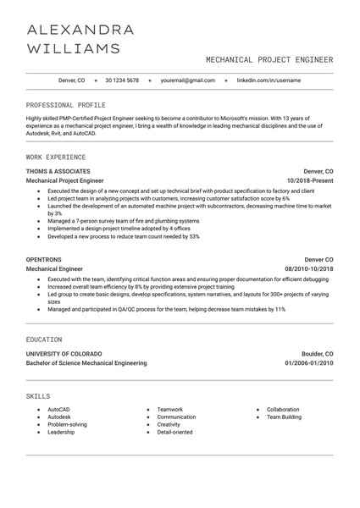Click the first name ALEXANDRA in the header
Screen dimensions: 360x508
pyautogui.click(x=80, y=30)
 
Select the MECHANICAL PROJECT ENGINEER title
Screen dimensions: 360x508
pyautogui.click(x=269, y=60)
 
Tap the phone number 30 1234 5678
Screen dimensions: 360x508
pyautogui.click(x=122, y=80)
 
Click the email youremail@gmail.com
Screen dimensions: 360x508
pyautogui.click(x=187, y=80)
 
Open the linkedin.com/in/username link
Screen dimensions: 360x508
pyautogui.click(x=269, y=80)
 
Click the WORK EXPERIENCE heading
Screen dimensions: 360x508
pyautogui.click(x=55, y=157)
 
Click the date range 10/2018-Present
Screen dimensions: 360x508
pyautogui.click(x=310, y=181)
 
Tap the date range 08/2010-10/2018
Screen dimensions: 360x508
pyautogui.click(x=308, y=269)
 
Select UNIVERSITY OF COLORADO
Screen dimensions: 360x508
pyautogui.click(x=64, y=353)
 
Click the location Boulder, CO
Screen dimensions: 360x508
pyautogui.click(x=318, y=353)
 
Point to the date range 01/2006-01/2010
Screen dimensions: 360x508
pyautogui.click(x=308, y=363)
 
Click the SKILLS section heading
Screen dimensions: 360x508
pyautogui.click(x=38, y=395)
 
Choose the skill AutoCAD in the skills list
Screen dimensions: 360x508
pyautogui.click(x=59, y=410)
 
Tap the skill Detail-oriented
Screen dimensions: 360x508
pyautogui.click(x=174, y=432)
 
